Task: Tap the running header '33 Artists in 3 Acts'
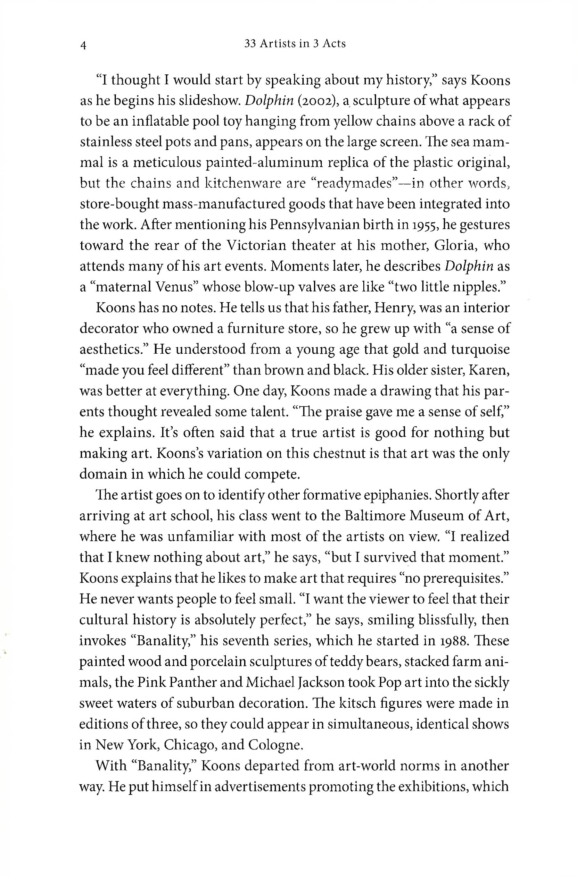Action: (x=295, y=44)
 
